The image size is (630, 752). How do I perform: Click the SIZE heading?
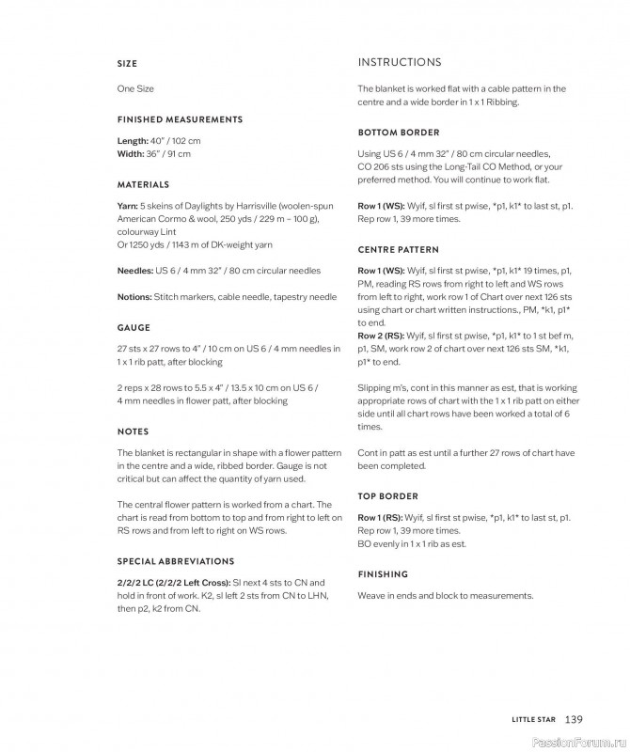pos(127,64)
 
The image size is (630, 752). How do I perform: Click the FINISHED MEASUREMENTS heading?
pos(180,119)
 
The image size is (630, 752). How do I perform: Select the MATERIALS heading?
pos(143,184)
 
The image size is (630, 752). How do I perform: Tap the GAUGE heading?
pos(134,328)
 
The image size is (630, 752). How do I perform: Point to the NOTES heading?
pos(133,431)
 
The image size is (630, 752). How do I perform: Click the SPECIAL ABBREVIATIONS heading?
pos(176,561)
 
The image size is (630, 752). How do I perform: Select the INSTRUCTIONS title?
pos(400,63)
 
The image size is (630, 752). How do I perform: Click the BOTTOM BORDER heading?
pos(399,133)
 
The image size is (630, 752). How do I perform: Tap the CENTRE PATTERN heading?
pos(399,250)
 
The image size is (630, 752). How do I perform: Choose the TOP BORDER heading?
pos(388,496)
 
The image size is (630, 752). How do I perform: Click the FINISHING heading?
pos(383,574)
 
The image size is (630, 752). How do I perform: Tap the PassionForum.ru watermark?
pos(575,742)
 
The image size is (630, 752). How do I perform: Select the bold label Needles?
pos(134,271)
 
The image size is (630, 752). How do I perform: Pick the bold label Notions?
pos(134,297)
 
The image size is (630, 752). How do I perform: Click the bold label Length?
pos(133,141)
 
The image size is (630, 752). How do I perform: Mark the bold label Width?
pos(131,153)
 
